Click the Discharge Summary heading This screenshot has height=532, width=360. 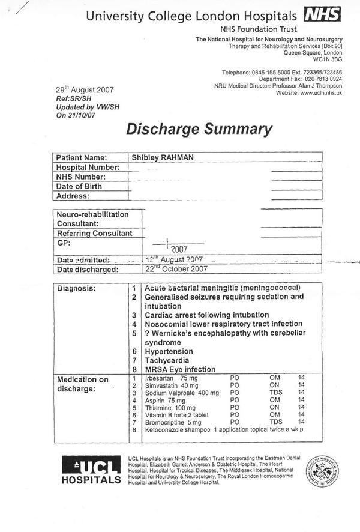[199, 129]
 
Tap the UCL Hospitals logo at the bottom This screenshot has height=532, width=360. [91, 470]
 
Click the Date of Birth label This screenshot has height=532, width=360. [79, 186]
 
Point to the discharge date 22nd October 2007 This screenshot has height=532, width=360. [173, 270]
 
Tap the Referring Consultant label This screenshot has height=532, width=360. [94, 233]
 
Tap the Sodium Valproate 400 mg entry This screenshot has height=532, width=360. [182, 393]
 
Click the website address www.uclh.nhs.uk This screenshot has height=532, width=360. [321, 94]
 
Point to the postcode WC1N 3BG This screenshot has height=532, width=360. [328, 60]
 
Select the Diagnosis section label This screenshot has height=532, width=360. [76, 289]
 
